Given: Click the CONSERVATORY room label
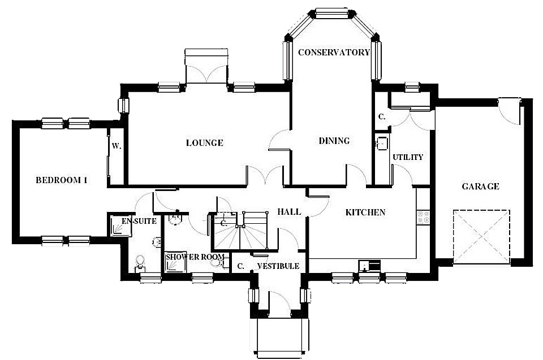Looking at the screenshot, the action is point(334,52).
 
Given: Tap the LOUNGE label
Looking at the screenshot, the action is point(204,142).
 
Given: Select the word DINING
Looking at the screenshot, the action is point(334,141).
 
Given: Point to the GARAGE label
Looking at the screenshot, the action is point(480,186).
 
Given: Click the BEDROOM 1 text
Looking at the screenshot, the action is point(61,180).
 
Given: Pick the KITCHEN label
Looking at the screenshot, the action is point(365,212).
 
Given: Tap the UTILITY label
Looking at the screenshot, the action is point(408,157).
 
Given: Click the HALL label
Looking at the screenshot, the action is point(289,211).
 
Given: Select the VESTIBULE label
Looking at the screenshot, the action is point(278,266).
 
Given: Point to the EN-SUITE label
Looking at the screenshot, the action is point(139,221).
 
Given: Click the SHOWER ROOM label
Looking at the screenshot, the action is point(195,257).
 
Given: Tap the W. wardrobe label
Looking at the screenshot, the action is point(117,146).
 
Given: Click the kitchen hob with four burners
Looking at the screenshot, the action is point(423,217).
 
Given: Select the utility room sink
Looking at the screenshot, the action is point(382,144).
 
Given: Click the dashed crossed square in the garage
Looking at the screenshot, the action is point(481,237).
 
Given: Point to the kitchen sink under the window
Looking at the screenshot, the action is point(369,265).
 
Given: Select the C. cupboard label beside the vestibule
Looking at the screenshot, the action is point(241,266).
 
